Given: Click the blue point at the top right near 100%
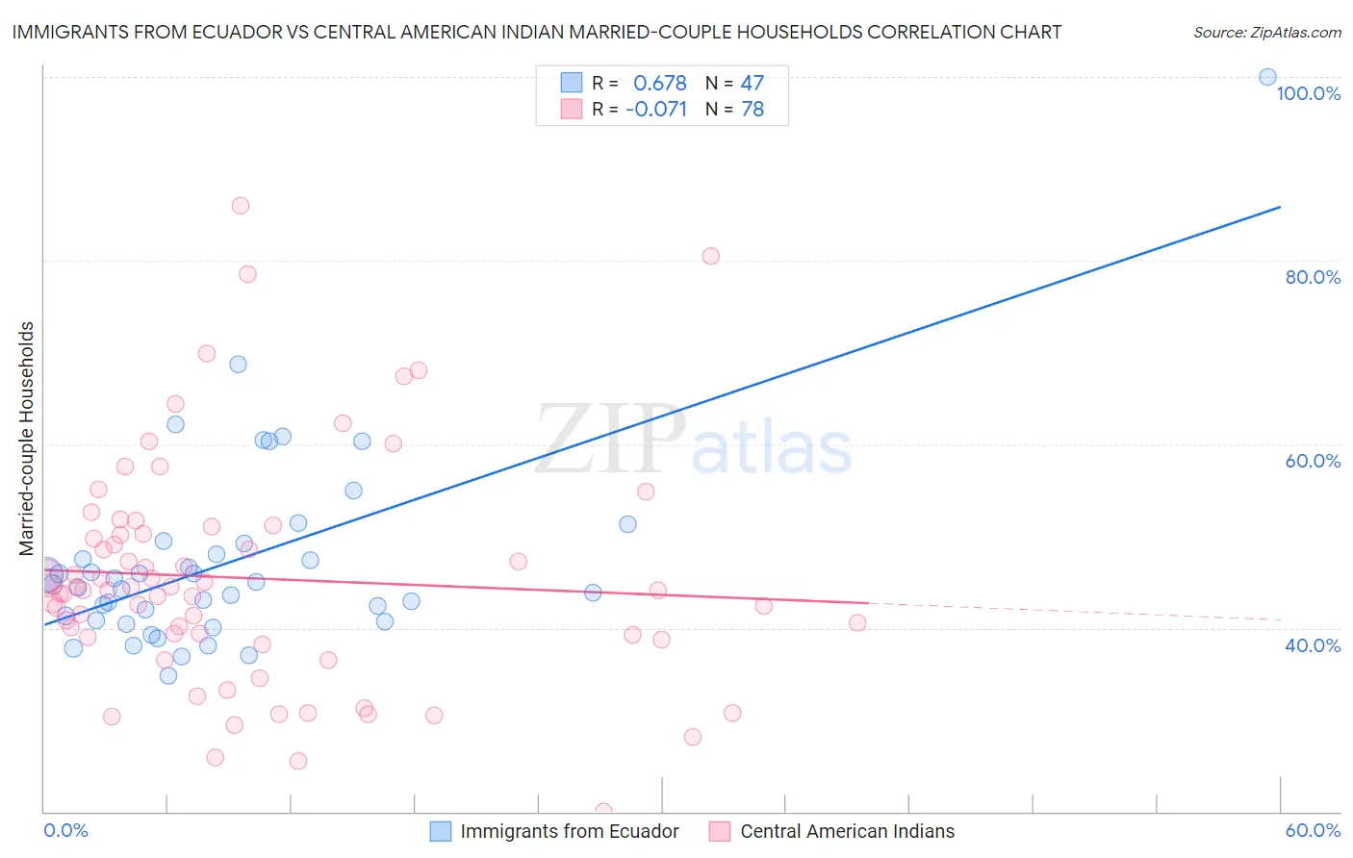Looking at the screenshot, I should coord(1267,77).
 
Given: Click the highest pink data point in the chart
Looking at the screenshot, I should coord(241,206).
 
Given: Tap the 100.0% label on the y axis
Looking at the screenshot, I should coord(1308,93).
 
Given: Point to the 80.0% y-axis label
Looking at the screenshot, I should coord(1313,277).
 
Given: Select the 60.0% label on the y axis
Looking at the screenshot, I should coord(1313,461).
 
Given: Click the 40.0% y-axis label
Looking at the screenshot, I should coord(1313,645).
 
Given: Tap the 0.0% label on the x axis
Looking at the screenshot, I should coord(65,831).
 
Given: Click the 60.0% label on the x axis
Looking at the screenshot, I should coord(1313,831).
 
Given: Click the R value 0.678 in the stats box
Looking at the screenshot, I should coord(659,83).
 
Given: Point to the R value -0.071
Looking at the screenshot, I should coord(656,110).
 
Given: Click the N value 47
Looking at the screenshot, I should coord(752,83).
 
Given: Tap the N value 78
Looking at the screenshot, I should coord(752,110).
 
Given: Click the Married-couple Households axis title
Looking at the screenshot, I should coord(27,439).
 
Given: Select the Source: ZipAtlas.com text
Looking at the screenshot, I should coord(1266,33).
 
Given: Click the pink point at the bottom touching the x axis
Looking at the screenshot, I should coord(603,811).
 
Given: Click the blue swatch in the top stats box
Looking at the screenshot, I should coord(572,83).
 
